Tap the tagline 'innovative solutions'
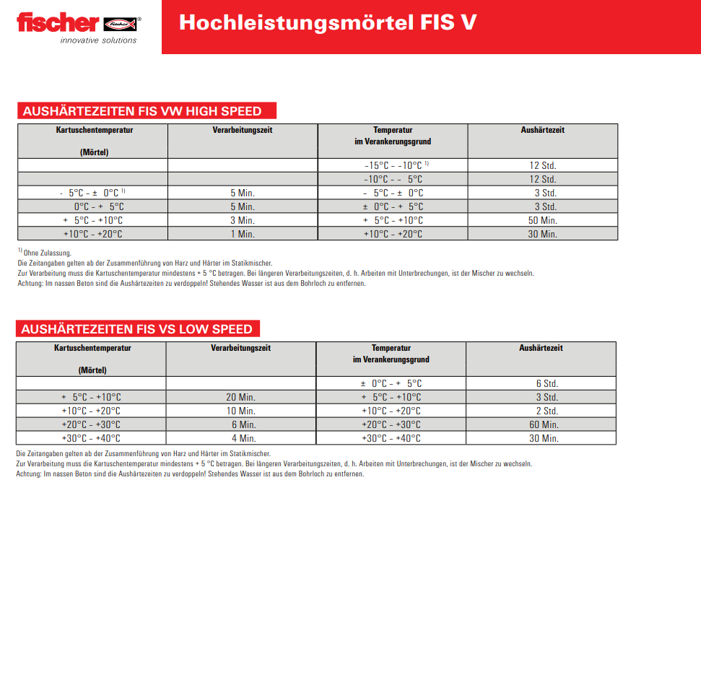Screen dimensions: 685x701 [x=98, y=40]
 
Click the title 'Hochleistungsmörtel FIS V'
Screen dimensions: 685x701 [x=327, y=22]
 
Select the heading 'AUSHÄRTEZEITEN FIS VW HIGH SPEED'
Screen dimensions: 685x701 [x=141, y=111]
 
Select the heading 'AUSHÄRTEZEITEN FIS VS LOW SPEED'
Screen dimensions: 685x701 [x=137, y=329]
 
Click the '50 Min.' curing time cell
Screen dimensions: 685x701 [x=542, y=220]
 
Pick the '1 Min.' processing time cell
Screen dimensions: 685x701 [x=243, y=234]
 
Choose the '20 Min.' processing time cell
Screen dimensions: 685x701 [x=241, y=397]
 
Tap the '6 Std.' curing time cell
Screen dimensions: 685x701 [x=547, y=383]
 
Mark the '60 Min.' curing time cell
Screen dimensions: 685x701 [x=543, y=424]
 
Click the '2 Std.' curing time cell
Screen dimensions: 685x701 [x=547, y=411]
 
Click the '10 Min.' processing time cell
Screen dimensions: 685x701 [x=241, y=411]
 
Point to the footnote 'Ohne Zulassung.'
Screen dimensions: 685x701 [x=48, y=253]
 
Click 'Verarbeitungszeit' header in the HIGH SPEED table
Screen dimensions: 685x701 [x=242, y=130]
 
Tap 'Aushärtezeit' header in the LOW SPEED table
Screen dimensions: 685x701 [x=541, y=348]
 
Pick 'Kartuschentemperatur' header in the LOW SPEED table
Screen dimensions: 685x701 [x=92, y=348]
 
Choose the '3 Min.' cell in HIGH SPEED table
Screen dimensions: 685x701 [x=243, y=220]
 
